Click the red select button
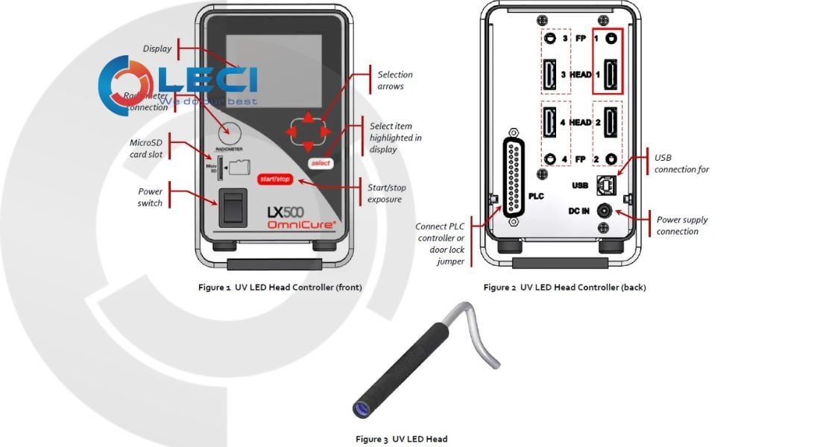pos(320,162)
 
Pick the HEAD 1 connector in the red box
pos(611,74)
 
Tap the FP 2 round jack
pos(612,159)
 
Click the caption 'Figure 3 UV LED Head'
pos(401,439)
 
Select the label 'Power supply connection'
pos(681,225)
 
